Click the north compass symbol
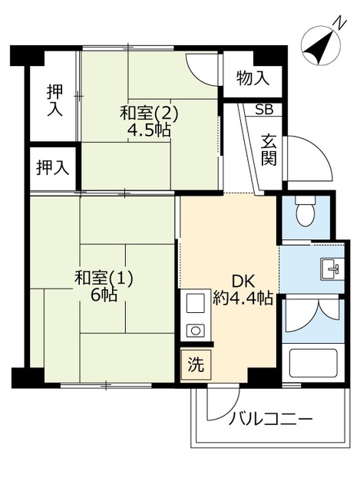click(320, 44)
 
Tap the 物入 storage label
click(253, 78)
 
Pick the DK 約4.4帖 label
click(243, 290)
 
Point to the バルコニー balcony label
click(270, 419)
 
